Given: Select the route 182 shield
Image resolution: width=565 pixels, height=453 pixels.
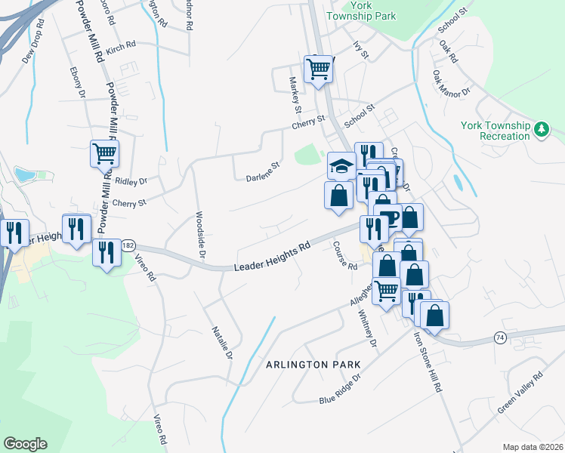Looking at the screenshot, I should click(x=128, y=245).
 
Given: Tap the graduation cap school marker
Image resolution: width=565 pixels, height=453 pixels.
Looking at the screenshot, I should click(x=341, y=165).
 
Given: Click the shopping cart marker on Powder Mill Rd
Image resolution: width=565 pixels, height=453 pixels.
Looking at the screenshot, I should click(x=104, y=154).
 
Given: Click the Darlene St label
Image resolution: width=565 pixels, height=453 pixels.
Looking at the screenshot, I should click(x=263, y=172).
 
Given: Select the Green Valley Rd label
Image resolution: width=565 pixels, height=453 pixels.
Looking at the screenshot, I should click(x=520, y=393).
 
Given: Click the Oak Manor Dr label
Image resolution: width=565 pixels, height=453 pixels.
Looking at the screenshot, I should click(x=452, y=85).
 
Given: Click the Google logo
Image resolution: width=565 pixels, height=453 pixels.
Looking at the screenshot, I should click(x=25, y=444).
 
